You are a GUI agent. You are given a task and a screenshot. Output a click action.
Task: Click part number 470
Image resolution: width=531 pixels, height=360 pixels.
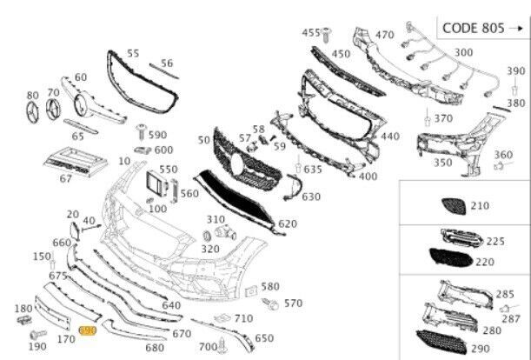pos(384,36)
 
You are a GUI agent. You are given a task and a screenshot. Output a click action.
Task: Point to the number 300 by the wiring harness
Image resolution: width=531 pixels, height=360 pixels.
pos(463,53)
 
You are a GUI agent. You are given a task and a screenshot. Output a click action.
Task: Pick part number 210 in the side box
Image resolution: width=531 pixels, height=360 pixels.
pos(481,206)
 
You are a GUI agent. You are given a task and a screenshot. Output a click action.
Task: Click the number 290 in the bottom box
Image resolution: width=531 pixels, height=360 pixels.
pos(481,348)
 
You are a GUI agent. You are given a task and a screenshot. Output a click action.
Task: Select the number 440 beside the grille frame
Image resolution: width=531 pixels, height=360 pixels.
pos(389,137)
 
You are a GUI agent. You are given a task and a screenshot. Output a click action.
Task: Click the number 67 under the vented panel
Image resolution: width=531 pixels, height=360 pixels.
pos(66,179)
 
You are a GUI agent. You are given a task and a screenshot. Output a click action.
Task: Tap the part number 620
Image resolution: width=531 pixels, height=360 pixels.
pos(288,223)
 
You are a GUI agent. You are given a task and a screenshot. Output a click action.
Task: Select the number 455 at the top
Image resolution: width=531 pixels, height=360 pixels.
pos(310,32)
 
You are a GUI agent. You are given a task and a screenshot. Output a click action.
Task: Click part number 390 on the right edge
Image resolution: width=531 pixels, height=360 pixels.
pos(516,71)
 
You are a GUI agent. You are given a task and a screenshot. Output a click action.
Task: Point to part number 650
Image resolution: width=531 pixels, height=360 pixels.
pos(264,338)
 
